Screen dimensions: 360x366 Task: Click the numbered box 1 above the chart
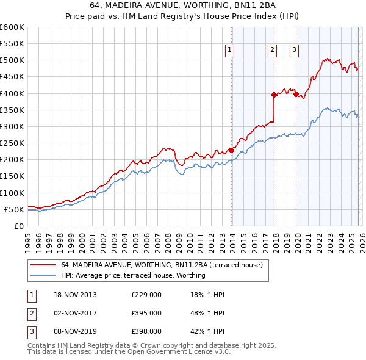pyautogui.click(x=230, y=51)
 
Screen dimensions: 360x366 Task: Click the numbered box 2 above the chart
pyautogui.click(x=271, y=51)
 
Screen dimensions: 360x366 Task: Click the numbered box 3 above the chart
pyautogui.click(x=294, y=51)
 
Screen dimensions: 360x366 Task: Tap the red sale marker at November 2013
pyautogui.click(x=232, y=150)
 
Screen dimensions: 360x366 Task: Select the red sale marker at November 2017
pyautogui.click(x=274, y=95)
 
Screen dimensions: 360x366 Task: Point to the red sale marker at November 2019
pyautogui.click(x=296, y=94)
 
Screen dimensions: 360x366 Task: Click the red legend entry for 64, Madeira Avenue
pyautogui.click(x=162, y=265)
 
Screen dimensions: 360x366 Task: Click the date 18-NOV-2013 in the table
pyautogui.click(x=75, y=295)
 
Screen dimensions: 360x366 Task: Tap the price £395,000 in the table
pyautogui.click(x=146, y=313)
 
